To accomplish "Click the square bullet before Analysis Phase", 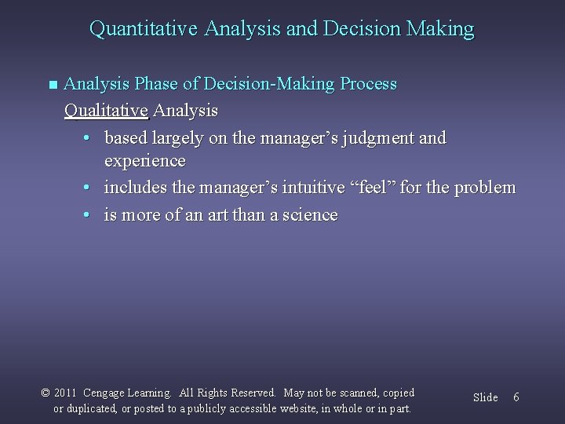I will (53, 84).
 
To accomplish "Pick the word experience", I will (144, 162).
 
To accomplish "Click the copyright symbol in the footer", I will (46, 393).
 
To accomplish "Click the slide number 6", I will (516, 397).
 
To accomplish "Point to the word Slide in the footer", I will (485, 397).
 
